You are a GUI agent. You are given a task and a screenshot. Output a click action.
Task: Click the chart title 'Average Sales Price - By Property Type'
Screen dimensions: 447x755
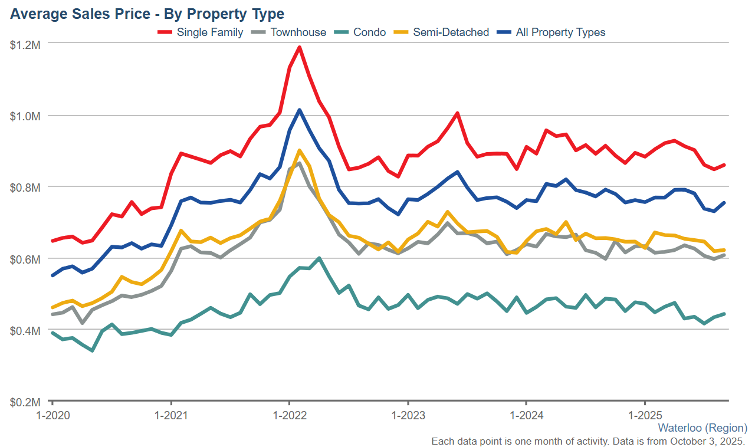click(147, 14)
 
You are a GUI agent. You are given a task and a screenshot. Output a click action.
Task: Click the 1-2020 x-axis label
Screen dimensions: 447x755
click(52, 415)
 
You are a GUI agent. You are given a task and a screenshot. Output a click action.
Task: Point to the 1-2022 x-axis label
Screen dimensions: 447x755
click(289, 415)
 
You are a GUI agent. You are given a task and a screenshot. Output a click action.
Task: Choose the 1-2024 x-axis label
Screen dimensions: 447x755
click(526, 415)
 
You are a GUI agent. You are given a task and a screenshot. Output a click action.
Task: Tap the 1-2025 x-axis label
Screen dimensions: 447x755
click(645, 415)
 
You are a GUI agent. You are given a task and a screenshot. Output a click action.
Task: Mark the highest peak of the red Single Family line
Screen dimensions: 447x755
click(300, 47)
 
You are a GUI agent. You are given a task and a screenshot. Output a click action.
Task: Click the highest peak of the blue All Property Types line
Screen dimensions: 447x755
click(300, 110)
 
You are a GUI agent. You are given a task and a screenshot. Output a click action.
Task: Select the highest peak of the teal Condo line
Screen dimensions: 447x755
click(319, 258)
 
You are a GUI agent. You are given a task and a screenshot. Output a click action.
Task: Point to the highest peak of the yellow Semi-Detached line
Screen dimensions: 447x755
click(300, 150)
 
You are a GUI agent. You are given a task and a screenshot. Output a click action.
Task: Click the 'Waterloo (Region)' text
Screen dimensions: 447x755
click(703, 428)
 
